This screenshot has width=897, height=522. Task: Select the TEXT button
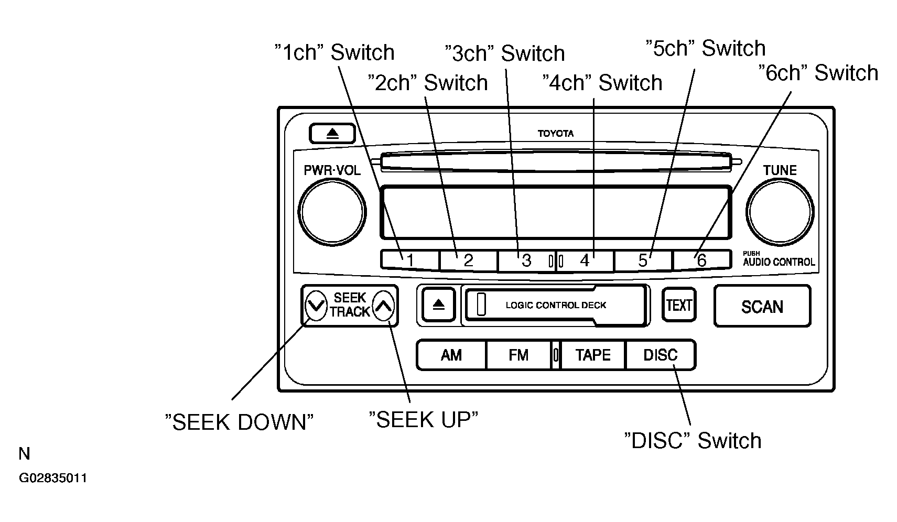(679, 304)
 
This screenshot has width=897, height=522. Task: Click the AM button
(451, 355)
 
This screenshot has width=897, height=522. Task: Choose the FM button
(518, 355)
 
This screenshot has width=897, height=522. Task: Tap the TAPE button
(592, 355)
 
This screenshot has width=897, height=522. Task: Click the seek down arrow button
(316, 306)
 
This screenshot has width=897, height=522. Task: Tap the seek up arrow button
(383, 306)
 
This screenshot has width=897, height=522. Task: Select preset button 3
(526, 260)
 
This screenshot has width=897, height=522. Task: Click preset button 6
(702, 260)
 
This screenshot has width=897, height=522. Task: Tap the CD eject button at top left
(332, 133)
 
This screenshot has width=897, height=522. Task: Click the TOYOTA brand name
(555, 133)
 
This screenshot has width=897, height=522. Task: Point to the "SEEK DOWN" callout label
(239, 422)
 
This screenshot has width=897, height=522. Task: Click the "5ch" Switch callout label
(706, 48)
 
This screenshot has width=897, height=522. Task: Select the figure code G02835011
(53, 478)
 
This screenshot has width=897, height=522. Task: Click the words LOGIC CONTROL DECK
(556, 305)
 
